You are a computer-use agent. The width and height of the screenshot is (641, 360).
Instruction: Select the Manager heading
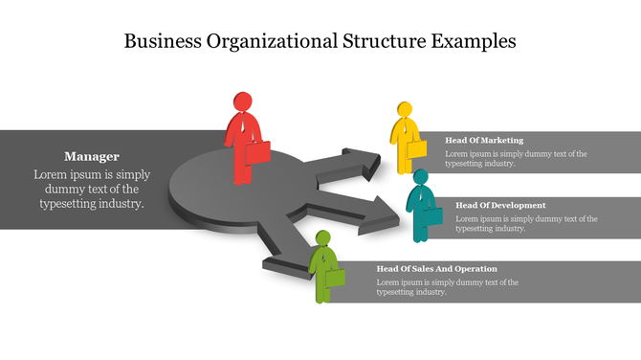(x=92, y=156)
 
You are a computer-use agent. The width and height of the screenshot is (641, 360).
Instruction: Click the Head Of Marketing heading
(x=484, y=140)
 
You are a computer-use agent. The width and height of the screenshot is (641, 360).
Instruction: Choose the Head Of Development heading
(x=500, y=205)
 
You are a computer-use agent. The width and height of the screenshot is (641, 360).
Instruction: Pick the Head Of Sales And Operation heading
(x=436, y=269)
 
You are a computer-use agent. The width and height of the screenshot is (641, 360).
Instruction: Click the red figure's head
(x=242, y=101)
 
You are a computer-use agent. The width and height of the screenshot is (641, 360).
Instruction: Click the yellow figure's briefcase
(x=416, y=149)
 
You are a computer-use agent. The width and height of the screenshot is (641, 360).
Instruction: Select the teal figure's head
(x=420, y=177)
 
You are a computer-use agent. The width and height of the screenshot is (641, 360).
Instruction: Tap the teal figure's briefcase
(x=432, y=216)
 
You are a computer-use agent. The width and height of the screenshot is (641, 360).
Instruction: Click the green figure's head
(x=322, y=239)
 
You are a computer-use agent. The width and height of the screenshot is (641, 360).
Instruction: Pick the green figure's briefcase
(x=335, y=278)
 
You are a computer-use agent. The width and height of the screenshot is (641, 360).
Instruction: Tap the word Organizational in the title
(x=261, y=41)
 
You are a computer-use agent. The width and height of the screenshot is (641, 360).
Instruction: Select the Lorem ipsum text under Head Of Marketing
(x=516, y=158)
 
